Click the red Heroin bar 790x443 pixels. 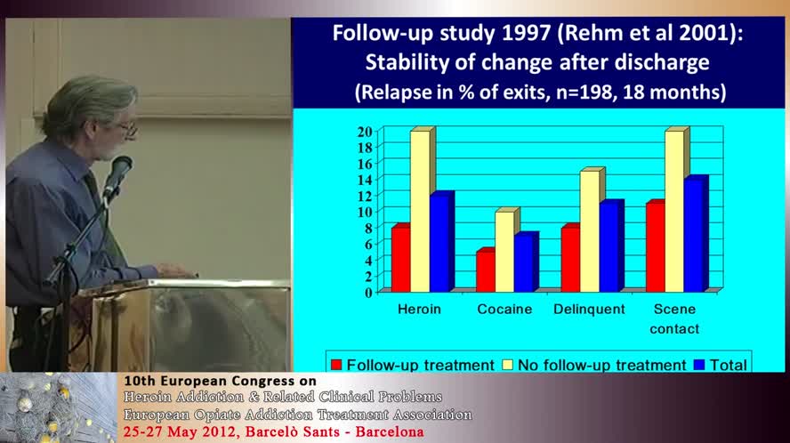400,259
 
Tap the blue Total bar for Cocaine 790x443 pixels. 524,263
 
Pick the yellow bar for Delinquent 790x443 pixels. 589,231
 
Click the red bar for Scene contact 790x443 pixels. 654,247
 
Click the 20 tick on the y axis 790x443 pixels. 365,132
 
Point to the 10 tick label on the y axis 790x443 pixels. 365,212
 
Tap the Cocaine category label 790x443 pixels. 504,310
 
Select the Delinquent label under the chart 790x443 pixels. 588,310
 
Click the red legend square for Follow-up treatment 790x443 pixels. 336,365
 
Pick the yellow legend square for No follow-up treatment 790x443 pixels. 510,365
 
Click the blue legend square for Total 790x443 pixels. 700,365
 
